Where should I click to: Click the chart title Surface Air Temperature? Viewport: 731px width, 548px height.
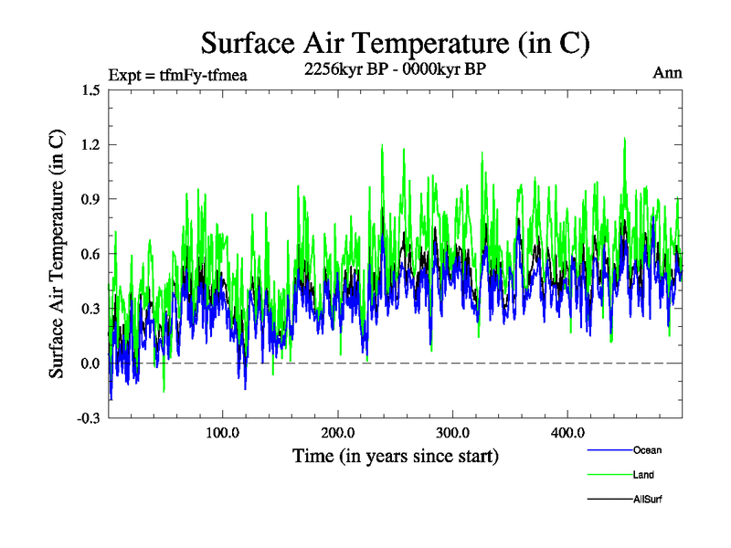click(395, 42)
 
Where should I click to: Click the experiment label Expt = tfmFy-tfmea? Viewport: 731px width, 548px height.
click(177, 75)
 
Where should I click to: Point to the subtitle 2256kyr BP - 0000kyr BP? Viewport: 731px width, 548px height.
click(395, 69)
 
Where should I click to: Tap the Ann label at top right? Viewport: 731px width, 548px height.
click(667, 73)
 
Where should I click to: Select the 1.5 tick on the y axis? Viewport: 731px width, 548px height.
click(90, 90)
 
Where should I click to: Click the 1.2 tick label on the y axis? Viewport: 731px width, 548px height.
click(90, 144)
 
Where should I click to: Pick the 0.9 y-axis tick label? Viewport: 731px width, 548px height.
click(90, 199)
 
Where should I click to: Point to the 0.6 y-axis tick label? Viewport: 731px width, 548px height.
click(90, 254)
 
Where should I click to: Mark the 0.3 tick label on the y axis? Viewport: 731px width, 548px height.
click(90, 309)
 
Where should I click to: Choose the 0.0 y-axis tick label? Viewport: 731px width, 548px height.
click(90, 364)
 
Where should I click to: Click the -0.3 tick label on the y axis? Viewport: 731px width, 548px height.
click(88, 418)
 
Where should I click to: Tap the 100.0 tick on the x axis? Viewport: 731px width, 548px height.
click(223, 433)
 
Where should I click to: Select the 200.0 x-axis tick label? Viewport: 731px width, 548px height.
click(338, 433)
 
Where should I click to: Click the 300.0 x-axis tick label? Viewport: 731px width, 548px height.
click(453, 433)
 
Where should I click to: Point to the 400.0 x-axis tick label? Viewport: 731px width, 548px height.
click(568, 433)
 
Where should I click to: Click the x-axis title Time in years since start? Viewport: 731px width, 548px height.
click(395, 455)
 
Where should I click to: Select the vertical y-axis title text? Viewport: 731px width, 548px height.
click(57, 254)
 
